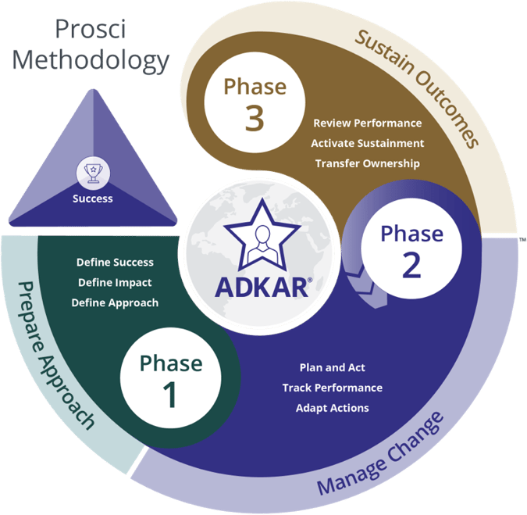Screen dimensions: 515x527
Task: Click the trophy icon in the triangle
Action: (92, 173)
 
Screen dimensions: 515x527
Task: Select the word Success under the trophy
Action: (92, 198)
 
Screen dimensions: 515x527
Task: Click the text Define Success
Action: (115, 263)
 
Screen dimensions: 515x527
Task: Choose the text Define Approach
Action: (115, 302)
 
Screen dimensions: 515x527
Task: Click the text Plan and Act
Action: (332, 367)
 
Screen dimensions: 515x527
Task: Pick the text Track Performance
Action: (332, 388)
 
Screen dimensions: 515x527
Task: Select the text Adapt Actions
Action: (332, 408)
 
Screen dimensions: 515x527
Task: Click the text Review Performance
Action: (367, 123)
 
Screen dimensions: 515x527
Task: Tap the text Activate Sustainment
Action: (367, 143)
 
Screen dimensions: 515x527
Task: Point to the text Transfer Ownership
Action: (367, 163)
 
